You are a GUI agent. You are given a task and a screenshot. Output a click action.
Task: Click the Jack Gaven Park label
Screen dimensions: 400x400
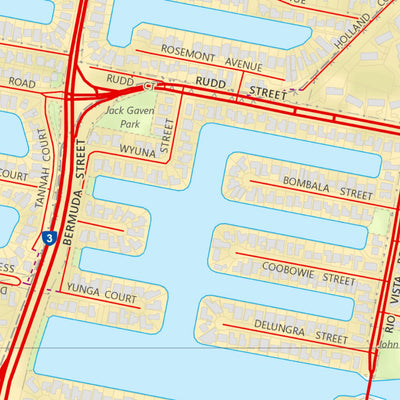127,117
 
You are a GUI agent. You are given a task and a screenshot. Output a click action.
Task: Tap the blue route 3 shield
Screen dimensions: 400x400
48,238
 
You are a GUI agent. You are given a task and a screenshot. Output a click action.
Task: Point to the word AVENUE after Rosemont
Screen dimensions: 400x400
243,65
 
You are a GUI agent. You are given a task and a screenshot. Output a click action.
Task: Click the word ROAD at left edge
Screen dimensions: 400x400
21,83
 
